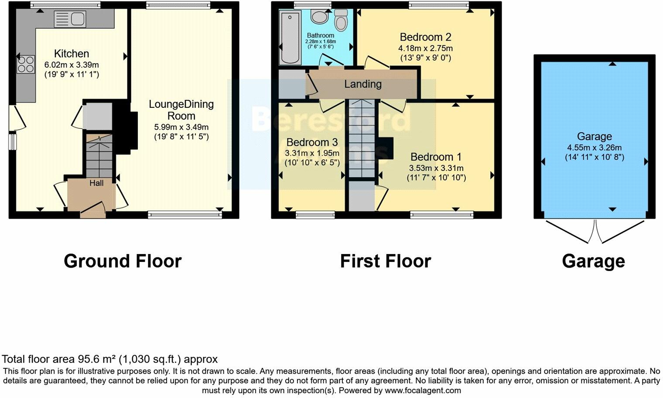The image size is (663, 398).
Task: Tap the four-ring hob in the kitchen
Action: point(26,64)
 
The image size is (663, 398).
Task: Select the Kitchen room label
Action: point(72,54)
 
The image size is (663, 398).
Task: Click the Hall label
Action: point(96,183)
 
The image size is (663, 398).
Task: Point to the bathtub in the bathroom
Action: point(289,38)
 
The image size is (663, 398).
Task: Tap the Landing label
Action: point(363,84)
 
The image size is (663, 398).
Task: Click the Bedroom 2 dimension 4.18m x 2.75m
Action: point(425,48)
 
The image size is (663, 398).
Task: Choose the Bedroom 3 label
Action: point(312,142)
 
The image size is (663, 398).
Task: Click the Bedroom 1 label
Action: point(436,157)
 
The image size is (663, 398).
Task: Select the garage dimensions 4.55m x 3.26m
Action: point(594,148)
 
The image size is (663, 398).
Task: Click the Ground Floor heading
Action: point(123,261)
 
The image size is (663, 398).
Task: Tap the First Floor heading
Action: point(386,261)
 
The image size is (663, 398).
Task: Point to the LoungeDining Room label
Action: point(181,110)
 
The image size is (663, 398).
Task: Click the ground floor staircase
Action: point(99,157)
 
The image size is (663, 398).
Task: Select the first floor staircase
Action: point(362,140)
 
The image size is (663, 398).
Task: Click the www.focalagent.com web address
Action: point(423,390)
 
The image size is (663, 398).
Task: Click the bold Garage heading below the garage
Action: point(593,261)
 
